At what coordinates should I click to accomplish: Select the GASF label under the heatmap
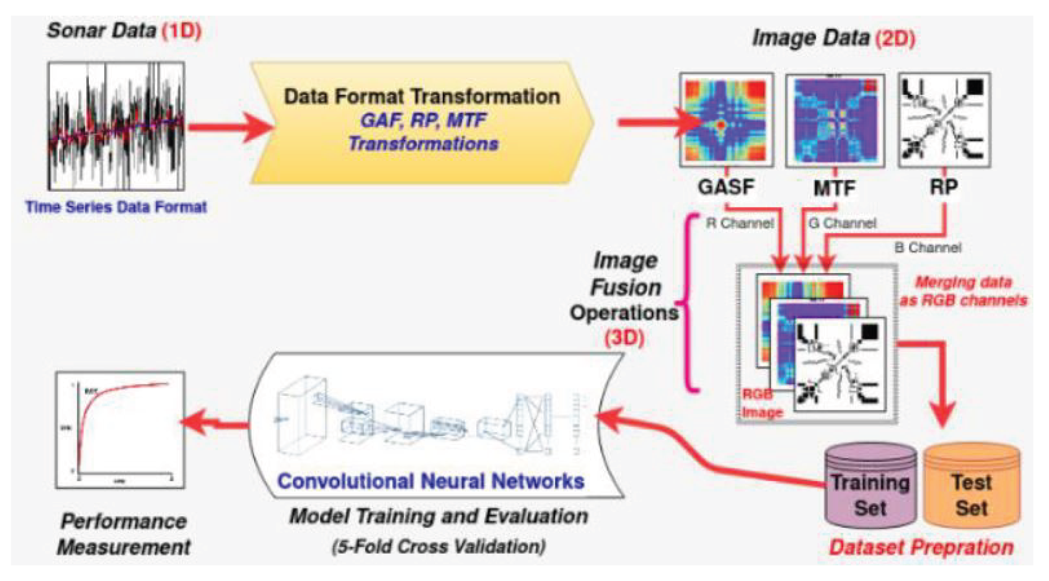click(x=726, y=187)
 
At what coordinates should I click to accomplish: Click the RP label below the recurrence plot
click(x=944, y=187)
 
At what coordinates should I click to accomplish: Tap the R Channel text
click(x=740, y=223)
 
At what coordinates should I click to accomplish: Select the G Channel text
click(x=842, y=223)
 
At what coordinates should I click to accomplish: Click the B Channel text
click(x=928, y=247)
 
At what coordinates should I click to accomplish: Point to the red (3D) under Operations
click(x=624, y=338)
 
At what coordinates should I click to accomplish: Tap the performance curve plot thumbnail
click(x=120, y=430)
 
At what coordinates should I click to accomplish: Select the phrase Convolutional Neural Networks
click(x=431, y=481)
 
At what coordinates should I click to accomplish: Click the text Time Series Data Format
click(x=116, y=207)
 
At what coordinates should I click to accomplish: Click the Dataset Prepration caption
click(x=921, y=547)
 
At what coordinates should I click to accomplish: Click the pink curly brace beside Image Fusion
click(x=688, y=303)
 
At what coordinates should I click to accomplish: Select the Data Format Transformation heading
click(x=422, y=97)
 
